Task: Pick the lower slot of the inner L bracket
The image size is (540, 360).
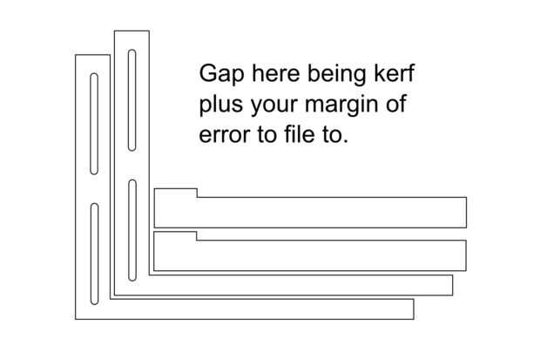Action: click(132, 230)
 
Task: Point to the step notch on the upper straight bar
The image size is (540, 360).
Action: click(196, 193)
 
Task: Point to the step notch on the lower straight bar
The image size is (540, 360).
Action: click(196, 235)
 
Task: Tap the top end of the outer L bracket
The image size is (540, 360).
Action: click(92, 57)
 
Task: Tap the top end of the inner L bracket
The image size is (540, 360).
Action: click(132, 33)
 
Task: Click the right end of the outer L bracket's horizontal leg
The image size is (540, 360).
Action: click(411, 309)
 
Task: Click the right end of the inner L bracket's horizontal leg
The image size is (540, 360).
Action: click(450, 285)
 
